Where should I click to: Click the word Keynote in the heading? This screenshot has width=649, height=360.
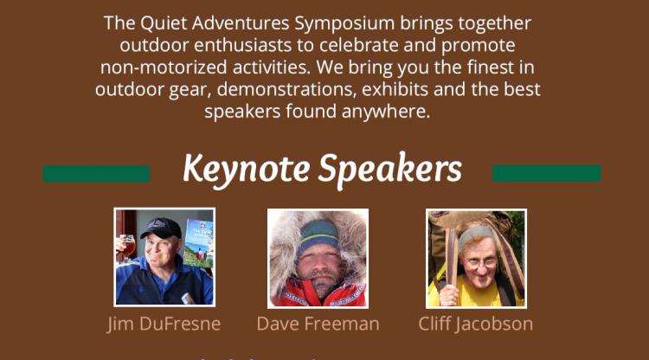[247, 170]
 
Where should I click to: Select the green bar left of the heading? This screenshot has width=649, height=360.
[96, 174]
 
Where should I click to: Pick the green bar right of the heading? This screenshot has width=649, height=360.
[546, 173]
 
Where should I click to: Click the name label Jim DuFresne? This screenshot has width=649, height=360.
[164, 324]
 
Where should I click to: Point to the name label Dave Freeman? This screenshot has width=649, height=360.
[318, 324]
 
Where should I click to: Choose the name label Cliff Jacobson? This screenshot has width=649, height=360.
[476, 324]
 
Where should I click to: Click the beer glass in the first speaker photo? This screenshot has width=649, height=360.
[126, 247]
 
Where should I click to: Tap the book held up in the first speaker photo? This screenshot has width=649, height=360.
[198, 243]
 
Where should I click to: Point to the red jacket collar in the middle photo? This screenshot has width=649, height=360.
[318, 294]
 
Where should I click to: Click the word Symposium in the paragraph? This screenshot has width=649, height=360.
[344, 24]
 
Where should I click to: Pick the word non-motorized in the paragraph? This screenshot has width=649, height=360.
[164, 67]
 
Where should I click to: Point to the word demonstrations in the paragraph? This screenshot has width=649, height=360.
[286, 90]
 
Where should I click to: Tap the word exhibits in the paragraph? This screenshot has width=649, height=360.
[395, 89]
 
